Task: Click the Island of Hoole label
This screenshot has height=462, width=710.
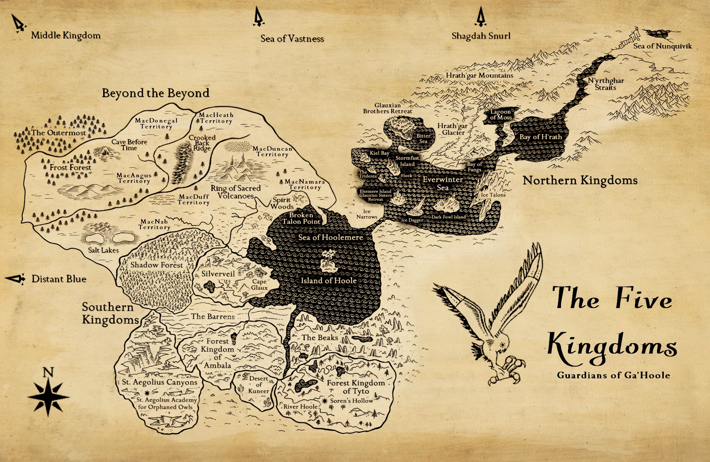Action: click(x=328, y=281)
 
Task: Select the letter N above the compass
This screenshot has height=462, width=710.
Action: click(x=48, y=372)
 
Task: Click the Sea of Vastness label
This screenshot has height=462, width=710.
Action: click(x=292, y=38)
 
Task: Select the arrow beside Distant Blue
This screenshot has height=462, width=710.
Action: click(x=16, y=279)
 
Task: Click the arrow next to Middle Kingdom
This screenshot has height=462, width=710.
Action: click(x=18, y=23)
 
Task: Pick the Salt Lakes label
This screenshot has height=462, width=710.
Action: click(x=103, y=250)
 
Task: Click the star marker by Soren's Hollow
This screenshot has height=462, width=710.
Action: click(x=325, y=401)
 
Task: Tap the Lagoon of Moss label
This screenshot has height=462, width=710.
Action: click(x=501, y=114)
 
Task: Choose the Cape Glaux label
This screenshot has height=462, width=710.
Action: click(x=259, y=285)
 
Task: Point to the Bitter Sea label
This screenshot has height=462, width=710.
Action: click(x=423, y=138)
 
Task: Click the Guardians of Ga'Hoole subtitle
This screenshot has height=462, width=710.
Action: click(x=613, y=375)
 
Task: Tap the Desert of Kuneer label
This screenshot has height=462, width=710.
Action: click(x=258, y=385)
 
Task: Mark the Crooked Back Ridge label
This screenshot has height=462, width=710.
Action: click(x=202, y=143)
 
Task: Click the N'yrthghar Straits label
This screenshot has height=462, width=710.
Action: click(x=606, y=84)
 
